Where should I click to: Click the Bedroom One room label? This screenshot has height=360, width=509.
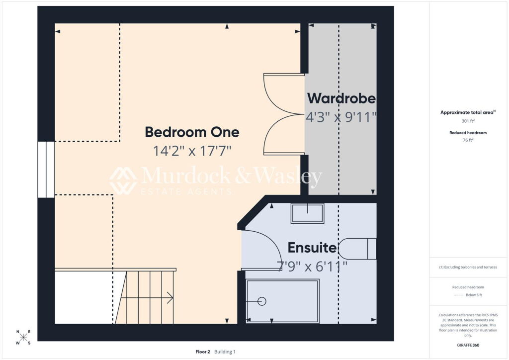coord(192,132)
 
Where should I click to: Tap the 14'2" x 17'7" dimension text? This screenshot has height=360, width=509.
coord(192,151)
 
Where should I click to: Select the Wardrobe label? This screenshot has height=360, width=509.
coord(341,98)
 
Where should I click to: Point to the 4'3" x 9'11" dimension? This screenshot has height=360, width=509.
coord(341,117)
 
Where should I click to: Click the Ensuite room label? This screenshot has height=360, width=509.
coord(312,248)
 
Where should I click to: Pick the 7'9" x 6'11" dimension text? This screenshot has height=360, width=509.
coord(312,267)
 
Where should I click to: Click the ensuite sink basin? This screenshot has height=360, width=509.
coord(307,213)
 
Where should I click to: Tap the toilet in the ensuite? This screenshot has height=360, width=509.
coord(357,249)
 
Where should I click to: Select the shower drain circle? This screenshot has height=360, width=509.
coord(262,301)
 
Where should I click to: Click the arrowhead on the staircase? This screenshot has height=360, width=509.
coord(170,298)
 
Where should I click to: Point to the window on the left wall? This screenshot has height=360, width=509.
coord(46,170)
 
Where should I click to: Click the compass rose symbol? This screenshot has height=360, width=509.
coord(23,337)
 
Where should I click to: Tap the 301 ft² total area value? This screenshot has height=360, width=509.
coord(468,121)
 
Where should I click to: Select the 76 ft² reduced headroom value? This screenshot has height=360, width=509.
coord(468,140)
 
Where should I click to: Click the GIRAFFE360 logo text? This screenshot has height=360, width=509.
coord(468,345)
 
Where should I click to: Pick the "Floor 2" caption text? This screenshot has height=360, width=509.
coord(203,352)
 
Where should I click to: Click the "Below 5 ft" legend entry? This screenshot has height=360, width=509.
coord(474,295)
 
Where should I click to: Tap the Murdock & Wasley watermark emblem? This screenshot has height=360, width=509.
coord(123,180)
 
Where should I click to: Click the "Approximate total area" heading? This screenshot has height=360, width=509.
coord(467,113)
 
